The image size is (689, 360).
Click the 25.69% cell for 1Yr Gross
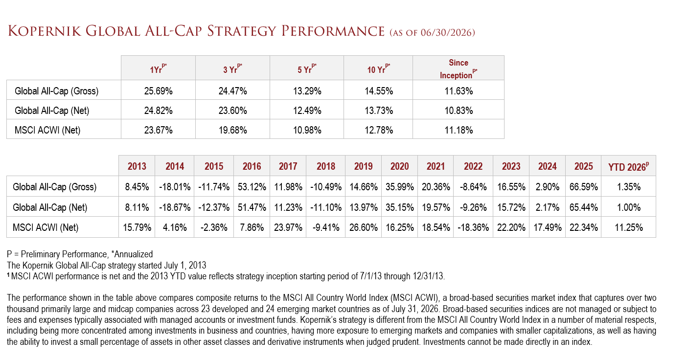[x=158, y=91]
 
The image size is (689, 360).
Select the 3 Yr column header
[x=232, y=69]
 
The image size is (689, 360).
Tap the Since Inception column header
[x=459, y=69]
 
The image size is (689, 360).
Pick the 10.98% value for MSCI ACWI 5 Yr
[x=307, y=130]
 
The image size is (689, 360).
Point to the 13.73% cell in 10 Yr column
[x=379, y=111]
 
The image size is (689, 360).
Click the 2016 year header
[x=252, y=166]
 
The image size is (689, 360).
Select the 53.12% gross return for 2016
[x=252, y=187]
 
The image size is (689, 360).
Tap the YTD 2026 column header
[x=628, y=166]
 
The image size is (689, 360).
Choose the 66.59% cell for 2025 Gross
[x=583, y=187]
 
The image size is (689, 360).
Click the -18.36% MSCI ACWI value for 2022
[x=473, y=227]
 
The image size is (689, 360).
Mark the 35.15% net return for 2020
[x=400, y=207]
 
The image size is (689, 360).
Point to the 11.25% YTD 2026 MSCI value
[x=629, y=227]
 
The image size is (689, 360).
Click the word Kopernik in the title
[x=45, y=31]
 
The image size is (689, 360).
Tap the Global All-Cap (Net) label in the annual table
[x=50, y=207]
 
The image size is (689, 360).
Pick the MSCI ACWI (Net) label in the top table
[x=47, y=130]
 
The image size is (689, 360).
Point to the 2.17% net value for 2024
[x=547, y=207]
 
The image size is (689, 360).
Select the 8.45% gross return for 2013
[x=137, y=187]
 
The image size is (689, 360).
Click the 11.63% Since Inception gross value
[x=459, y=91]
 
